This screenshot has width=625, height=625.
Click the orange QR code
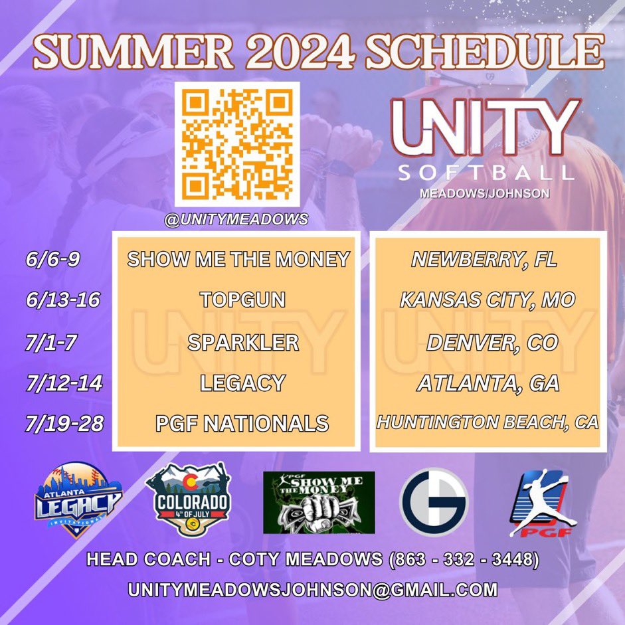pyautogui.click(x=237, y=143)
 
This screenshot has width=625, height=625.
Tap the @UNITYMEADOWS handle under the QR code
pyautogui.click(x=237, y=219)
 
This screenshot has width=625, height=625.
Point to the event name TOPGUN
pyautogui.click(x=242, y=300)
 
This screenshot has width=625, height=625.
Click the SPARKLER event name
pyautogui.click(x=242, y=342)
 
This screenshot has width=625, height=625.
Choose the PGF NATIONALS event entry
pyautogui.click(x=242, y=422)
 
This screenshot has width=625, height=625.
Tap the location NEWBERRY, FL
pyautogui.click(x=484, y=259)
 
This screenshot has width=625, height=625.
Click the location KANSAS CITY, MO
pyautogui.click(x=487, y=300)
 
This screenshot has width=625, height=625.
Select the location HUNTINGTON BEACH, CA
pyautogui.click(x=488, y=422)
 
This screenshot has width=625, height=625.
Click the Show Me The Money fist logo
pyautogui.click(x=319, y=502)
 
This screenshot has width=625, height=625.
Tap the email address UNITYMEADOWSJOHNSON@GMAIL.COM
pyautogui.click(x=313, y=588)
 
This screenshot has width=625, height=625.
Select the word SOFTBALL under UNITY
pyautogui.click(x=486, y=173)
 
